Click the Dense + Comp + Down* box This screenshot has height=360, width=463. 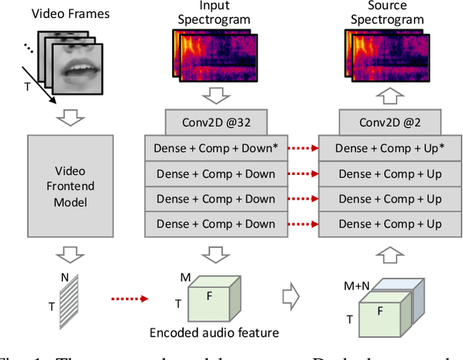(x=216, y=148)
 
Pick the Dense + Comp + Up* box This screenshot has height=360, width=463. (x=390, y=148)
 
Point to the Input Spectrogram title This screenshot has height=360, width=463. (x=216, y=13)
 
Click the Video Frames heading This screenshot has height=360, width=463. (x=70, y=12)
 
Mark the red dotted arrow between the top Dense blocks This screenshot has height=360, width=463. (x=302, y=149)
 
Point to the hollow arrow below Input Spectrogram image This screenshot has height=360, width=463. (x=216, y=95)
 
